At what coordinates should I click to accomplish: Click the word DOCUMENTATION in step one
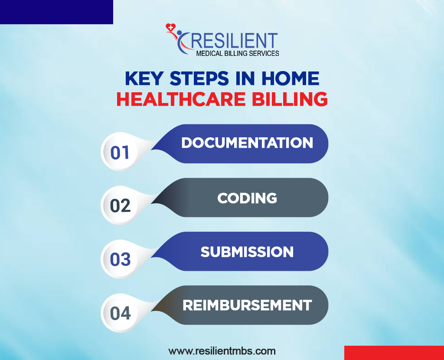point(247,143)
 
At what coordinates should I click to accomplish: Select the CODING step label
point(247,198)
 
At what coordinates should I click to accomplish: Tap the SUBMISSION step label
point(247,252)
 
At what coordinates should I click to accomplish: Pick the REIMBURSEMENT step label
point(247,305)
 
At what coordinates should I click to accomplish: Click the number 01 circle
point(120,152)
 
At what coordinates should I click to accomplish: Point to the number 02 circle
point(120,206)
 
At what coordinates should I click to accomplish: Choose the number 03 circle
point(120,259)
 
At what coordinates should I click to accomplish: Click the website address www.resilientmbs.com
point(222,351)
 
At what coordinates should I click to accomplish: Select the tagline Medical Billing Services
point(237,53)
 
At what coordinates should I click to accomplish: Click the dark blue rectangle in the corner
point(56,12)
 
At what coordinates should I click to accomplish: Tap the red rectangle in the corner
point(394,353)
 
